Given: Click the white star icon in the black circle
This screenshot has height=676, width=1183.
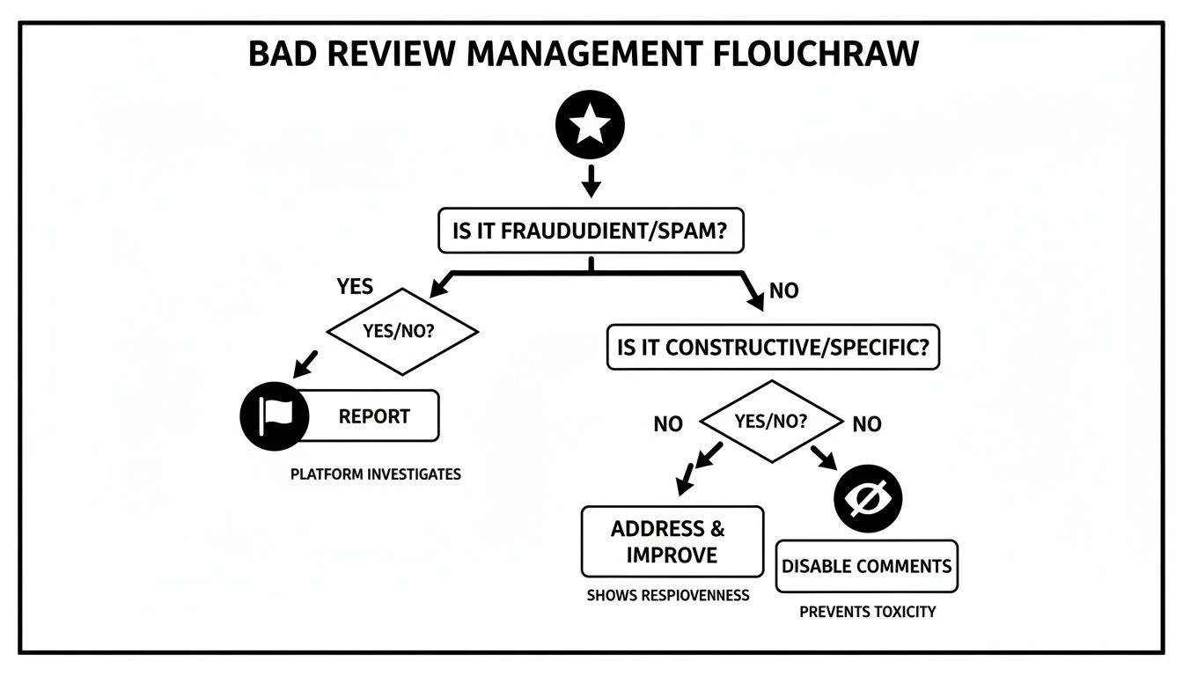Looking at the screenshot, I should pyautogui.click(x=590, y=125).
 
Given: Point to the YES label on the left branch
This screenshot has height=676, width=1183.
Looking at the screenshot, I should pyautogui.click(x=356, y=286).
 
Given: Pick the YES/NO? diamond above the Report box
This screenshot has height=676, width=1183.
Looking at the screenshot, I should pyautogui.click(x=402, y=332).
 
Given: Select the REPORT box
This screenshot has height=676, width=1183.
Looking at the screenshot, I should pyautogui.click(x=374, y=415).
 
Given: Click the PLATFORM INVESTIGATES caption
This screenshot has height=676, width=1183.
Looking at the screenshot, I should pyautogui.click(x=376, y=474).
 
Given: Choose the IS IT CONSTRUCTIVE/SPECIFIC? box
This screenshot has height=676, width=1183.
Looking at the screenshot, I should pyautogui.click(x=773, y=347).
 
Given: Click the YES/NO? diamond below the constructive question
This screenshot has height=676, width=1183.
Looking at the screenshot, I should pyautogui.click(x=771, y=422).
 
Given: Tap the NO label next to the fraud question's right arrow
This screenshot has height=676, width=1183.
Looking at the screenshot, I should pyautogui.click(x=783, y=290).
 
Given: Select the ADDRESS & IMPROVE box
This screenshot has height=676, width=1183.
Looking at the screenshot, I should pyautogui.click(x=672, y=541).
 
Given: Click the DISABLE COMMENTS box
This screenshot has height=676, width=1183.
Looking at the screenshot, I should pyautogui.click(x=866, y=566).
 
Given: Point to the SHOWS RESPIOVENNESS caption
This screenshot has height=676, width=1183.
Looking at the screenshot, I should pyautogui.click(x=668, y=596).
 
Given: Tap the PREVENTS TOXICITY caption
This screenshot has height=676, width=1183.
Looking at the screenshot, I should pyautogui.click(x=867, y=612).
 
